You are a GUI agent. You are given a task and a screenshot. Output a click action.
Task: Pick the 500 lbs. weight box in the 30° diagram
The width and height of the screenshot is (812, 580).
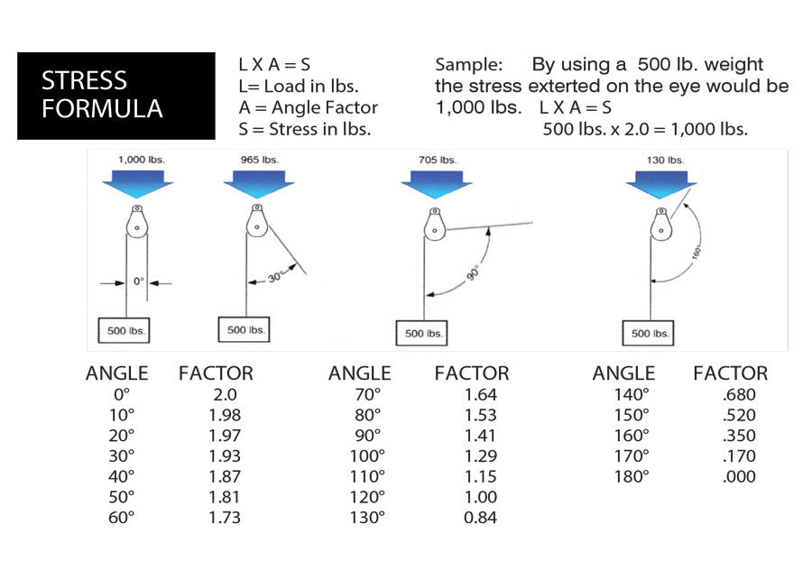(x=245, y=330)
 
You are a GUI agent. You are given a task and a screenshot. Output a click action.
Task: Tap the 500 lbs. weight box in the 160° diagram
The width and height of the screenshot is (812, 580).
(x=648, y=333)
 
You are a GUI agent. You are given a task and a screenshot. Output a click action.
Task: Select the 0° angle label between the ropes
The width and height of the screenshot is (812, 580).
(x=139, y=281)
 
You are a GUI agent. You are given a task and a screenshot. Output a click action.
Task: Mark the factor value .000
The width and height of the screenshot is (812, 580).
(x=739, y=477)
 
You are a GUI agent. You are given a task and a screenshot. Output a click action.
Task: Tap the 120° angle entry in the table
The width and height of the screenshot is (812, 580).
(x=367, y=497)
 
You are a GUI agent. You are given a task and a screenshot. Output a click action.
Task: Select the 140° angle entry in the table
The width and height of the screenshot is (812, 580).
(x=632, y=394)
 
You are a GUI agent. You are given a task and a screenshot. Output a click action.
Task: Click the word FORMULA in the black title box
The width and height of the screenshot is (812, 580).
(x=102, y=109)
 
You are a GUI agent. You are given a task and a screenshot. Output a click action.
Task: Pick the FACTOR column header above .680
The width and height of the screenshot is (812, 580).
(x=730, y=373)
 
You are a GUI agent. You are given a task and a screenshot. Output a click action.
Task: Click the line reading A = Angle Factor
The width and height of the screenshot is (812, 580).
(x=308, y=107)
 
